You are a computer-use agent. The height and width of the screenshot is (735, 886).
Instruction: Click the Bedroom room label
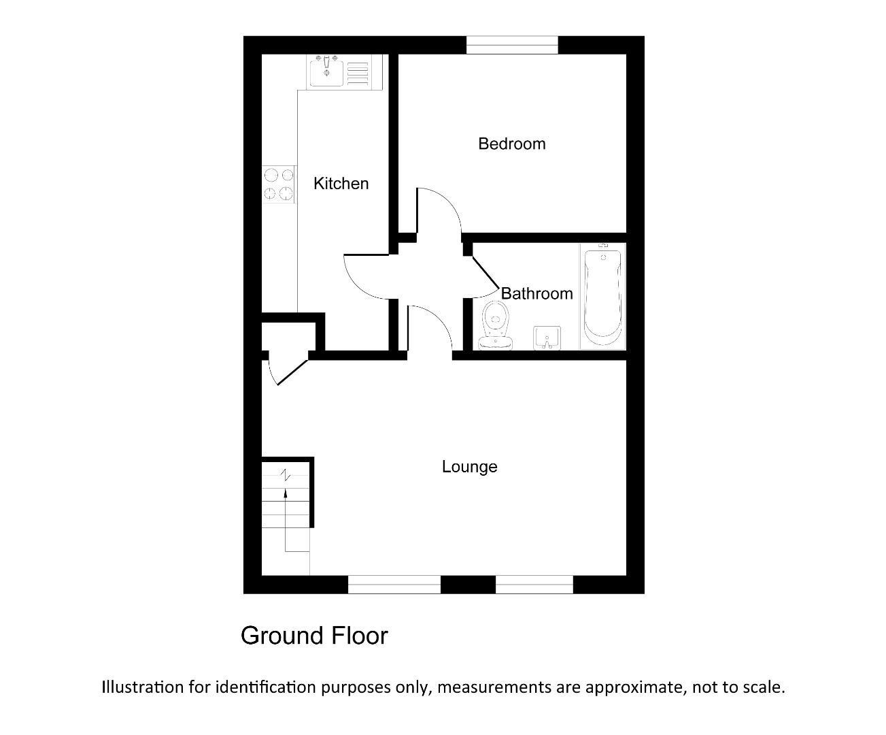(x=511, y=144)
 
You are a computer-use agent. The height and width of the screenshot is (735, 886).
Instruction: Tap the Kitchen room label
(x=341, y=183)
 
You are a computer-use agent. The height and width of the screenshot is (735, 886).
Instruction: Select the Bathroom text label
(x=536, y=293)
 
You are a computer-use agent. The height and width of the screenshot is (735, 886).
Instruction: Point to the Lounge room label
(x=469, y=467)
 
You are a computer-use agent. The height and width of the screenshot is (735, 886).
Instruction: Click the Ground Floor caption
(x=314, y=636)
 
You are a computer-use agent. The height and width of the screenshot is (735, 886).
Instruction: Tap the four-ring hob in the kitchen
(x=279, y=185)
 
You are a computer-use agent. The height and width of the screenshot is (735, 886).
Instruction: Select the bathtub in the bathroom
(x=602, y=296)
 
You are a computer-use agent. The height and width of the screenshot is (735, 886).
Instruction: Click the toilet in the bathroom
(x=496, y=325)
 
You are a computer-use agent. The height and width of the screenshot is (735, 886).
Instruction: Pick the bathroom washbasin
(x=547, y=338)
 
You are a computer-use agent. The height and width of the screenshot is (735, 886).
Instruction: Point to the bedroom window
(x=511, y=45)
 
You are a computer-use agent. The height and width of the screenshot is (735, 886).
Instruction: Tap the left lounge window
(x=394, y=584)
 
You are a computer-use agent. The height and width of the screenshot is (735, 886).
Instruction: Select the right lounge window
(x=534, y=584)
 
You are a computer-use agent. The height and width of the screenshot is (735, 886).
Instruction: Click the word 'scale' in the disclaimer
(x=762, y=687)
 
